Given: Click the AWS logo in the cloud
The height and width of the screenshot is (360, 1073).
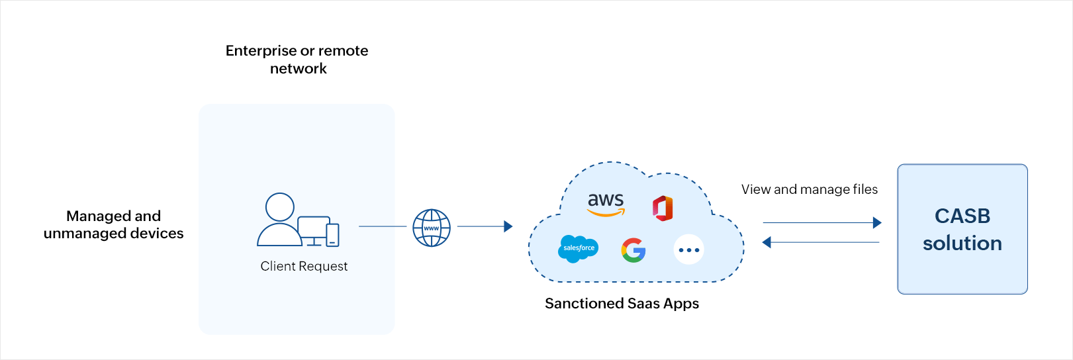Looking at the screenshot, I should [606, 203].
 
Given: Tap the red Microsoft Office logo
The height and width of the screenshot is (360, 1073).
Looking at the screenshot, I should [663, 208].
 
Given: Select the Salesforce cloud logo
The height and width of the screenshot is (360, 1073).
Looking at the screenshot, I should [578, 248].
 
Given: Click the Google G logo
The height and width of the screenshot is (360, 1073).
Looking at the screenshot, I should [633, 249].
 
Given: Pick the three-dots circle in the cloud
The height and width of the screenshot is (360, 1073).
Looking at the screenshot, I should [688, 249].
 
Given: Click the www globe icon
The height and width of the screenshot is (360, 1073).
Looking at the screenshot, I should [432, 228].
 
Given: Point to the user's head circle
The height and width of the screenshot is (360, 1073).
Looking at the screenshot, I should [280, 207].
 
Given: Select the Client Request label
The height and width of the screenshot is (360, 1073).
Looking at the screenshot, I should [304, 266].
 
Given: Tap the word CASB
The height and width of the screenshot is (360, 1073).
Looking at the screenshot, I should [962, 216].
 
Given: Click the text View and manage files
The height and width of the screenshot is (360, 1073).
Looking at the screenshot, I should [809, 189].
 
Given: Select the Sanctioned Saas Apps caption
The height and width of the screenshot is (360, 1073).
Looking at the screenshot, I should [622, 303].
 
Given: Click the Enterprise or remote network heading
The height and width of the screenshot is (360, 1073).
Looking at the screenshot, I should [297, 60].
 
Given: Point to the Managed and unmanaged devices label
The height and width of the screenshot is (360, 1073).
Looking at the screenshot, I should [113, 224].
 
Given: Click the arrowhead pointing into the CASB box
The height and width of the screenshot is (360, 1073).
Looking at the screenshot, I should [877, 223].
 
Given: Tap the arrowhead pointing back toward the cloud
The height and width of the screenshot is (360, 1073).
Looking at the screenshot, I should [767, 242].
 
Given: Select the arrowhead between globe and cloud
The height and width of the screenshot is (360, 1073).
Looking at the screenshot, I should [508, 226].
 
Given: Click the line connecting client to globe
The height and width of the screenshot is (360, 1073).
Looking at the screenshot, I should [383, 226].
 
